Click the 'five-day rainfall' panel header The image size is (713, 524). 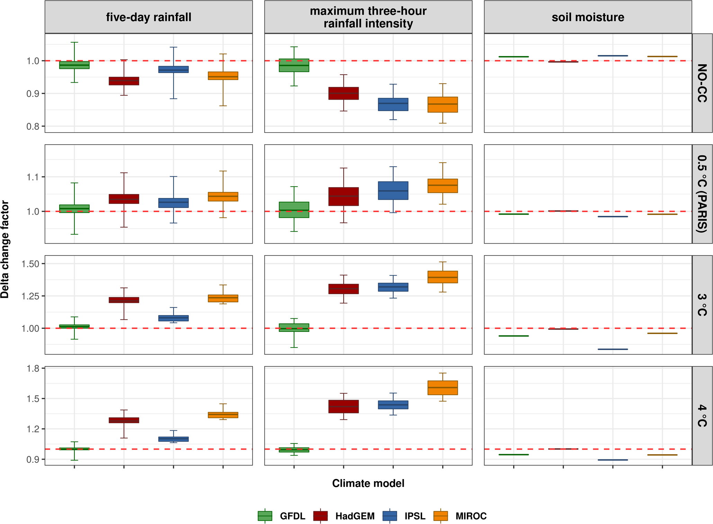coord(149,17)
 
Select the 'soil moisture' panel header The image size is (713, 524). coord(588,17)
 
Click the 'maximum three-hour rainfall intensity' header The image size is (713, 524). coord(368,17)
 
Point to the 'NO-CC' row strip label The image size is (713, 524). coord(702,83)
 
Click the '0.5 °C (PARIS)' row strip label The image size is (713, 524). coord(702,194)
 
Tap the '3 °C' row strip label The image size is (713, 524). coord(702,305)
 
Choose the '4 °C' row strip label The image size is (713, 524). coord(702,416)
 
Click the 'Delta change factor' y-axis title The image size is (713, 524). coord(5,249)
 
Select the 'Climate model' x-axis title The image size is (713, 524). coord(368,483)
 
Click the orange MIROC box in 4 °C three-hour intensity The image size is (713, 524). coord(443,388)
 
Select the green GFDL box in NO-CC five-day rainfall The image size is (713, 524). coord(74,65)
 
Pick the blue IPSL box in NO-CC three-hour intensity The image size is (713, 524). coord(393,104)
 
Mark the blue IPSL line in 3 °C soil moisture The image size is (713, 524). coord(613,349)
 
